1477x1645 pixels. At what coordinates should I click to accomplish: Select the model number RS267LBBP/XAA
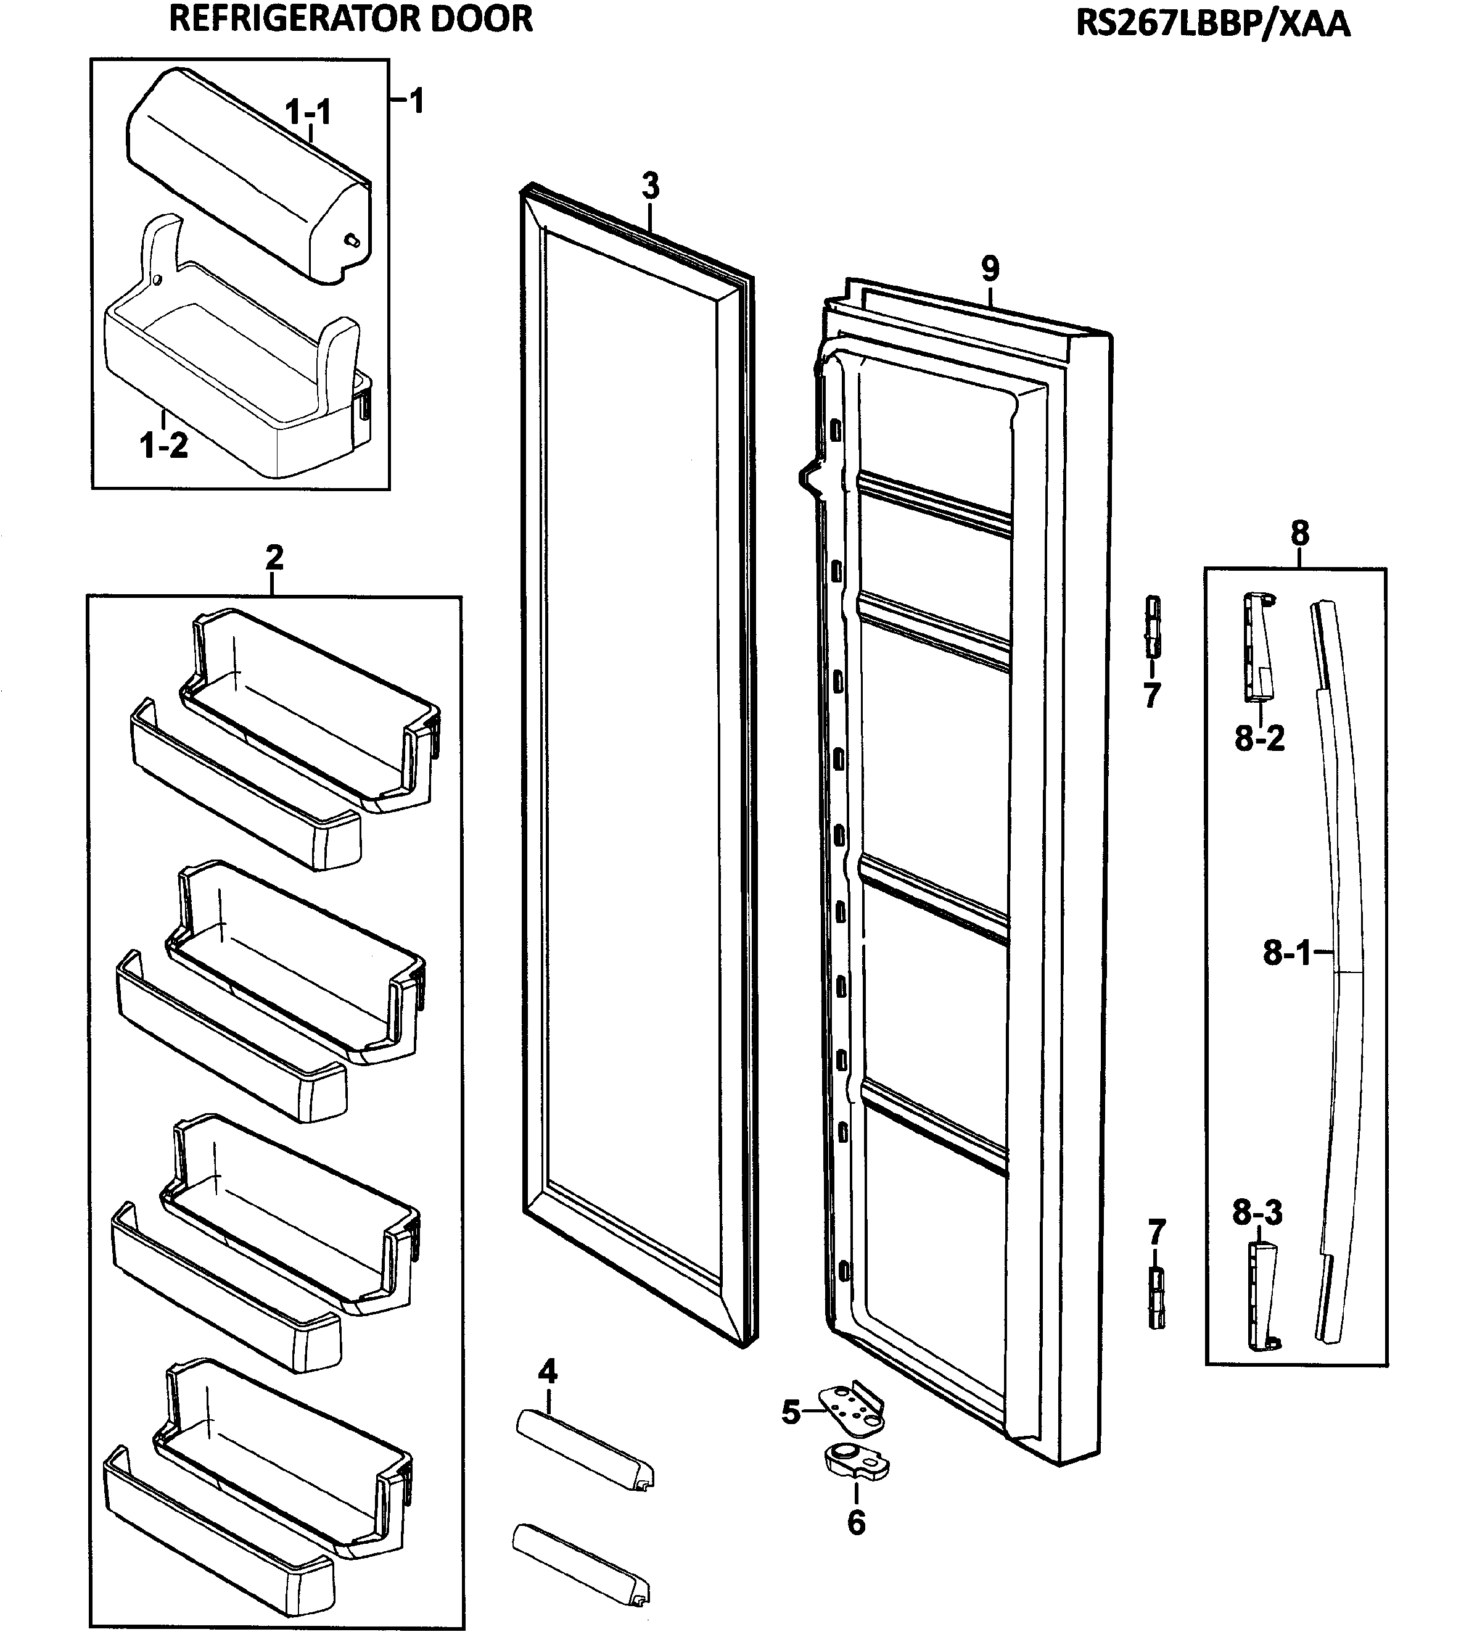point(1212,23)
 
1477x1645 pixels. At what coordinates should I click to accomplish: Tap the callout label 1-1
point(308,112)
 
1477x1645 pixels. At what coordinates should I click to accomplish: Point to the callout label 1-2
point(164,445)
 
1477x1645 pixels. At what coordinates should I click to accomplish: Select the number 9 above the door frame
point(990,268)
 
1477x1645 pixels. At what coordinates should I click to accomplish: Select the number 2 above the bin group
point(274,557)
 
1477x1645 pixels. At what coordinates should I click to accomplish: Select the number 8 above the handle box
point(1299,534)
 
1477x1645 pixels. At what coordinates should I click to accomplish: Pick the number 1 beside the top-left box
point(416,101)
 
